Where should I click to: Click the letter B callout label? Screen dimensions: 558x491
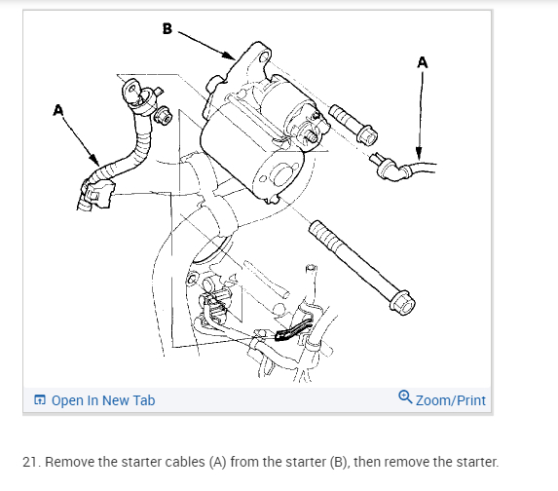click(167, 28)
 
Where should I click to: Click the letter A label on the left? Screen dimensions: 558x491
click(58, 110)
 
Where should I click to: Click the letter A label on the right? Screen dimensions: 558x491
click(423, 62)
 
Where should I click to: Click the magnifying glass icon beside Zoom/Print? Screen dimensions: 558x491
click(405, 397)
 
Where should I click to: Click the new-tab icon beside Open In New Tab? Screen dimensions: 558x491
click(40, 399)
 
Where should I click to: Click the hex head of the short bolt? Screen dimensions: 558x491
click(367, 135)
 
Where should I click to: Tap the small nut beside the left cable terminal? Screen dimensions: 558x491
click(163, 115)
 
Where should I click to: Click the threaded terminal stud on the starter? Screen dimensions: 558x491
click(311, 135)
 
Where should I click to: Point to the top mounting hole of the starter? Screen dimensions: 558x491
click(265, 57)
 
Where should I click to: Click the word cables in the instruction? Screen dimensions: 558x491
click(187, 462)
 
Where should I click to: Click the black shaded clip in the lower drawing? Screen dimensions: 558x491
click(292, 331)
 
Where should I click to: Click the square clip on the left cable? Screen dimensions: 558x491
click(97, 193)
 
